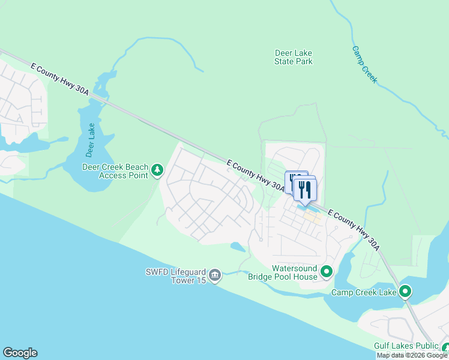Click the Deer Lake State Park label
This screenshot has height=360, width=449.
click(294, 57)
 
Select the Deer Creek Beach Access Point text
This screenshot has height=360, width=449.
click(113, 171)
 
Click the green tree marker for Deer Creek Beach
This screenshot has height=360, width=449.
click(157, 171)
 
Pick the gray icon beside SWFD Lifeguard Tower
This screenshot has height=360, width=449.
click(215, 275)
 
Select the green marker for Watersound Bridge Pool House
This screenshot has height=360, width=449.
click(327, 272)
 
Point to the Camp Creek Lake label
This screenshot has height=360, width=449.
click(364, 292)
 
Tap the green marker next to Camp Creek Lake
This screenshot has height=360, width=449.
click(405, 292)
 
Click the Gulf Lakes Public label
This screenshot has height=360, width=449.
click(406, 346)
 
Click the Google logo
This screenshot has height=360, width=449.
click(20, 353)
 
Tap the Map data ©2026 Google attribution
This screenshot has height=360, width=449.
click(412, 355)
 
